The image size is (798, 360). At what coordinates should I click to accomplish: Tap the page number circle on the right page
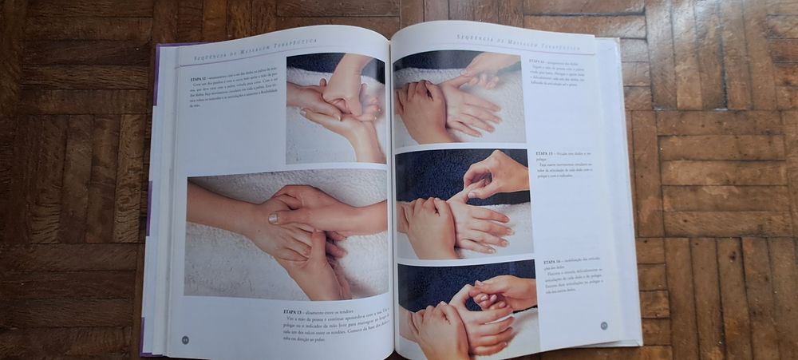click(604, 324)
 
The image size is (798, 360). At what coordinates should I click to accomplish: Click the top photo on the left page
click(335, 108)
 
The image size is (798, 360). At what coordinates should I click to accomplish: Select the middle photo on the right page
click(464, 203)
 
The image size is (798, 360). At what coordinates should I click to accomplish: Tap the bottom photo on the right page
click(467, 307)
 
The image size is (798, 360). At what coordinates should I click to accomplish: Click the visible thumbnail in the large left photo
click(274, 218)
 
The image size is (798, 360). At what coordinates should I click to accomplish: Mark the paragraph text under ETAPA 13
click(331, 323)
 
